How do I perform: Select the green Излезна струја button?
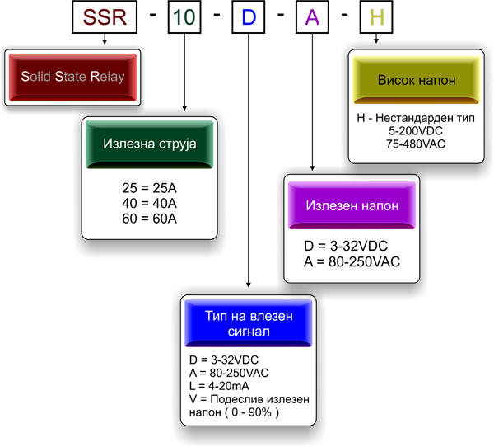(x=149, y=144)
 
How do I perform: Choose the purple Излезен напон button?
(x=352, y=205)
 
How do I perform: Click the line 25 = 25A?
(x=149, y=188)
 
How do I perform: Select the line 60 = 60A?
(x=149, y=218)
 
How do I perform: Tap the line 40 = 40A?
(x=149, y=203)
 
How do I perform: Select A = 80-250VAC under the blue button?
(x=229, y=372)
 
